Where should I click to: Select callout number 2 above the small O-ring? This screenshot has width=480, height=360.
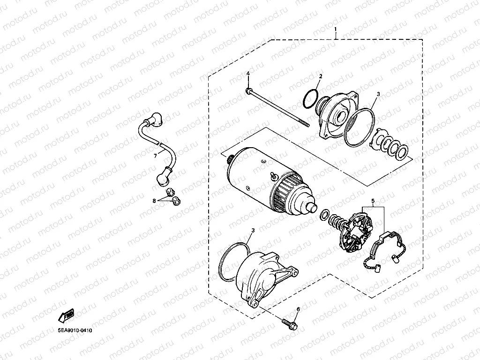coord(321,76)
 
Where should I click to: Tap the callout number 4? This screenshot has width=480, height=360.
coord(248,75)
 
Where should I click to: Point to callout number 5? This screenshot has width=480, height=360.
coord(373,202)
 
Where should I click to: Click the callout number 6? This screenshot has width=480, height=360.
coord(297,309)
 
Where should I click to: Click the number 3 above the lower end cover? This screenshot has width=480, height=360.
coord(253,231)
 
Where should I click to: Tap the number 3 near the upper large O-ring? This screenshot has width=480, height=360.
coord(379,94)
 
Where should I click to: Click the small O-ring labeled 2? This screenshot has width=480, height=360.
coord(309,98)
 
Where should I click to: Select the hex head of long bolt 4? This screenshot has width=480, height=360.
coord(248,90)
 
